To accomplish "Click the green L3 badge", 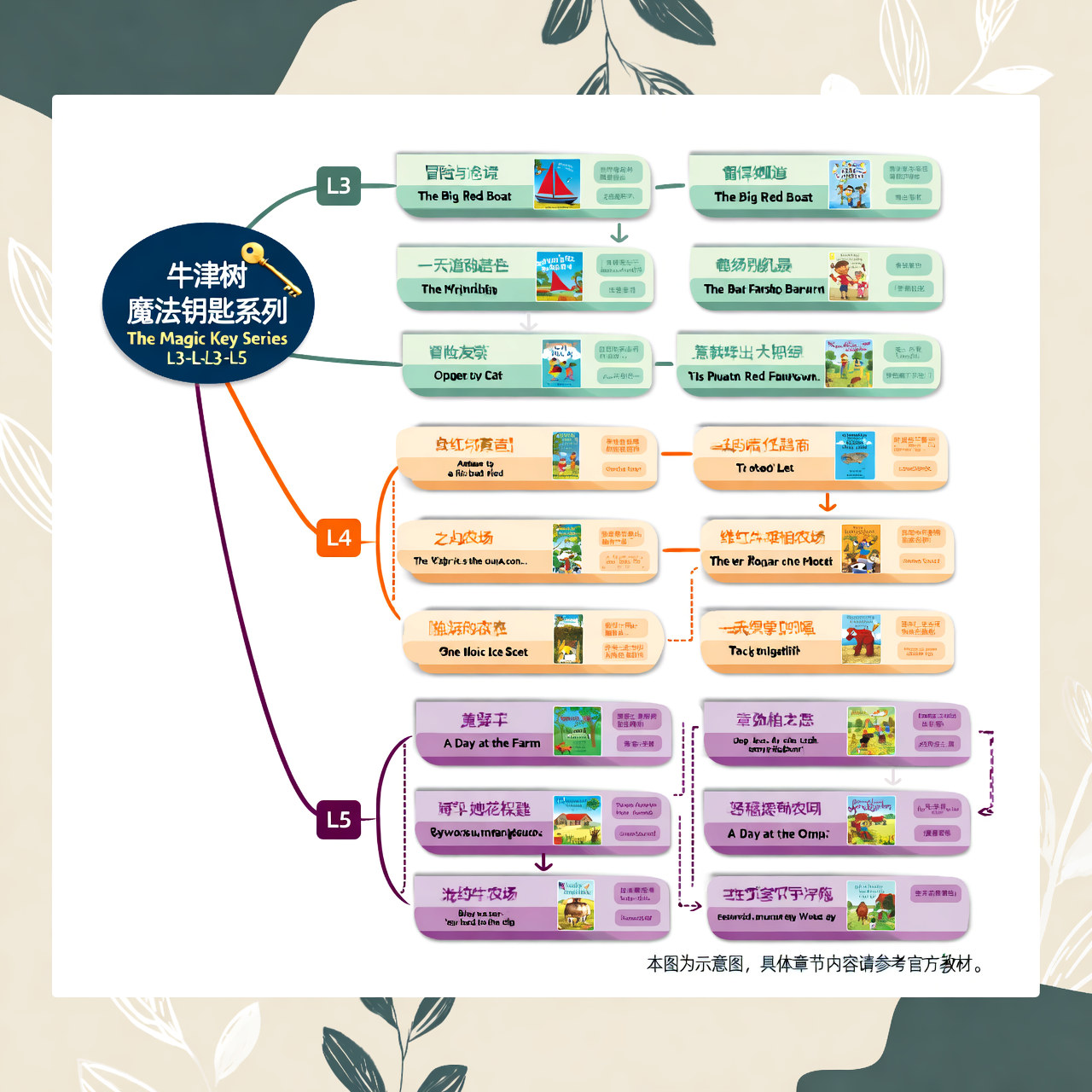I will (x=338, y=186).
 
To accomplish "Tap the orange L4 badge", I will (x=338, y=537).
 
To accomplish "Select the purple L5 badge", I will (x=338, y=819).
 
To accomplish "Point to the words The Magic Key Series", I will (x=207, y=338).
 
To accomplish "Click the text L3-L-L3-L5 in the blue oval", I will (x=207, y=358).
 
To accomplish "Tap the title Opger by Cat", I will (x=468, y=375).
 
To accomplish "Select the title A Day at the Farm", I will (x=491, y=743).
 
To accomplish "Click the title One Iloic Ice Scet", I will (x=483, y=652).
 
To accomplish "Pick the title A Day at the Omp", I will (x=777, y=834).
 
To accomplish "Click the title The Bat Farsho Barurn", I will (x=764, y=289).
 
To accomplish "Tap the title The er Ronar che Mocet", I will (x=770, y=561).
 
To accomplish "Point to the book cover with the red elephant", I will (x=860, y=638).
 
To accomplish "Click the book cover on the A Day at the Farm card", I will (x=577, y=731).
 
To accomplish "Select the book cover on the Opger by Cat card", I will (x=561, y=363).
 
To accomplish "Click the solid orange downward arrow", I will (x=827, y=502).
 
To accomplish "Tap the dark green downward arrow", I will (x=619, y=233).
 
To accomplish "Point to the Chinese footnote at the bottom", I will (x=816, y=964).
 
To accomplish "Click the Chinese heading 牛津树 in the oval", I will (x=206, y=276).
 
